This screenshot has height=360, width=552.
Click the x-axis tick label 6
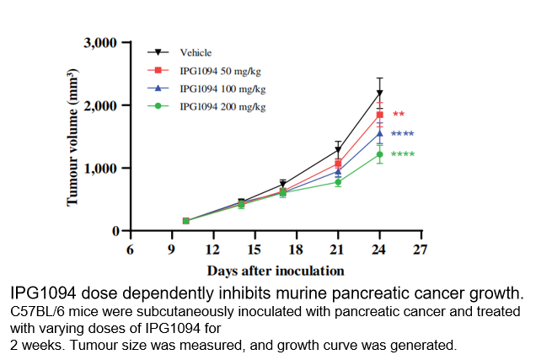coord(130,249)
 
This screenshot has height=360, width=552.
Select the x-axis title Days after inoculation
coord(276,271)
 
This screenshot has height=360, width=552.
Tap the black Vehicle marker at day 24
coord(380,94)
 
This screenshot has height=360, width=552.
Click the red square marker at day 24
coord(380,115)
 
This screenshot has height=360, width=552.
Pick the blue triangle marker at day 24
coord(380,133)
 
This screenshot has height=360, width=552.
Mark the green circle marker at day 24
coord(380,154)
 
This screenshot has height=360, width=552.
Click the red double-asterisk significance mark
coord(399,115)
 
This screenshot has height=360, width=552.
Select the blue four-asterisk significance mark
coord(402,135)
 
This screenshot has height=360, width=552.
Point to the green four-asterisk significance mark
coord(402,155)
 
